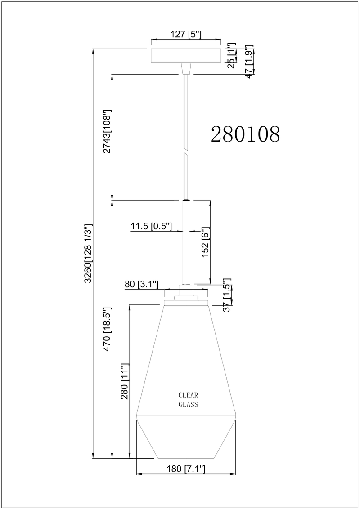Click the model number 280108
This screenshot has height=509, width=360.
click(x=245, y=134)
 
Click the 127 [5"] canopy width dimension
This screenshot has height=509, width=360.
click(x=186, y=34)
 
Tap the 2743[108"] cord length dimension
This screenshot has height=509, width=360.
click(x=107, y=131)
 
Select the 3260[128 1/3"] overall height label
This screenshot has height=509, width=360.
click(x=88, y=254)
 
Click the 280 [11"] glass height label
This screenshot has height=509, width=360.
click(x=125, y=381)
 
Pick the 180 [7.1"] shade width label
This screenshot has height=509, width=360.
click(x=186, y=469)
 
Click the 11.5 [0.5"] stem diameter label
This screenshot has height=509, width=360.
click(x=151, y=226)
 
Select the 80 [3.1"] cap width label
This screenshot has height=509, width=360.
click(x=142, y=285)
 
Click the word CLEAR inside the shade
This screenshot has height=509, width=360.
click(x=188, y=395)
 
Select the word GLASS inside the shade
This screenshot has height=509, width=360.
click(x=189, y=405)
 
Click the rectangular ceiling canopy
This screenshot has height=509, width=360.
click(x=186, y=55)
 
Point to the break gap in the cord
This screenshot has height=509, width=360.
click(x=186, y=151)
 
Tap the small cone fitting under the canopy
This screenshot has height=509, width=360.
click(x=186, y=68)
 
